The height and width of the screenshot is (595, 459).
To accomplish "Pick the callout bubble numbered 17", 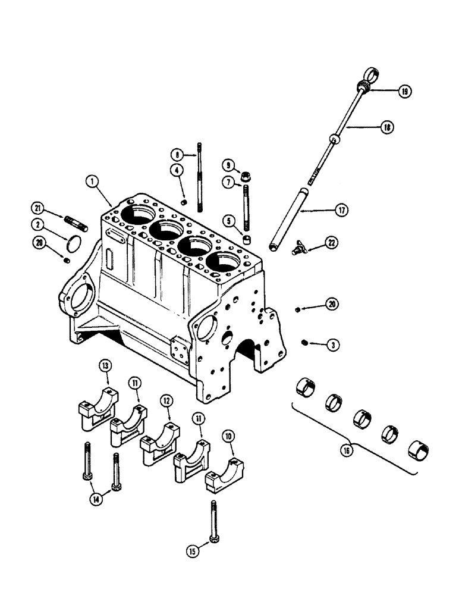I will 341,210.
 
